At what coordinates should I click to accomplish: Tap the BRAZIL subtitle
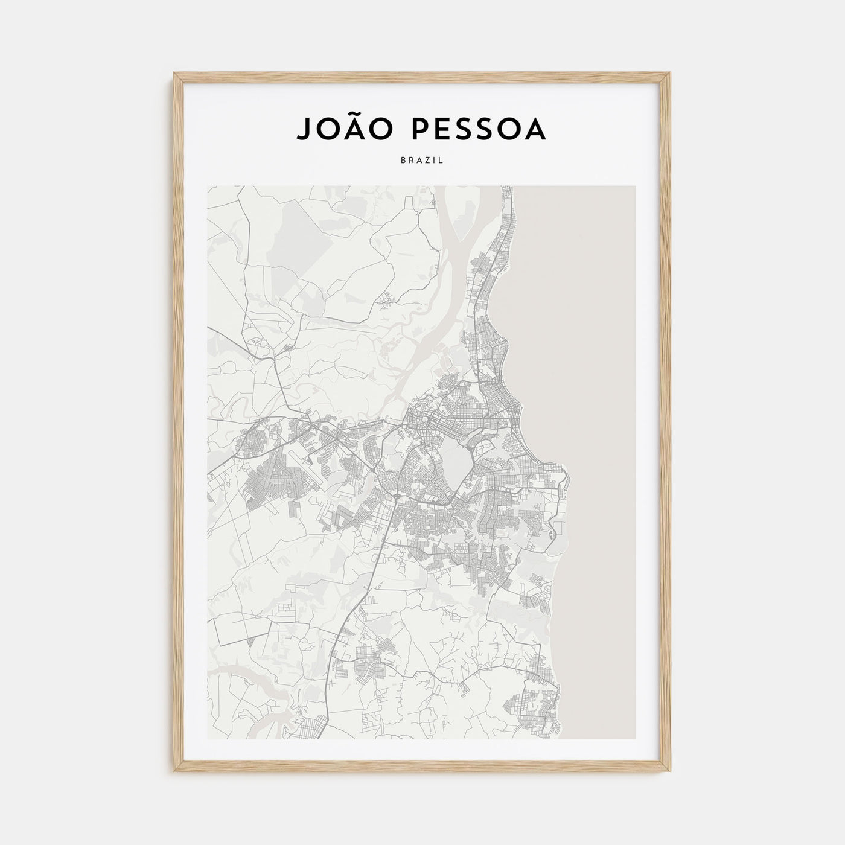click(x=422, y=161)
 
